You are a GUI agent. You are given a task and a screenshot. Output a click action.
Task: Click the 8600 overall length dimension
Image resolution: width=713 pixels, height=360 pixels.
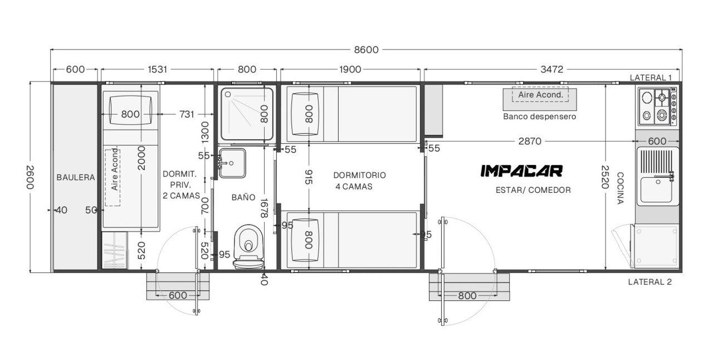coord(367,50)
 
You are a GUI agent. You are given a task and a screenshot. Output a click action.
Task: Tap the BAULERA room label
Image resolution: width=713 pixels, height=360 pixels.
coord(76,177)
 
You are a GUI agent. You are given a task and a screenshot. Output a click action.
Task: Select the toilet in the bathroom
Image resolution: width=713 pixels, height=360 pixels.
coord(248,247)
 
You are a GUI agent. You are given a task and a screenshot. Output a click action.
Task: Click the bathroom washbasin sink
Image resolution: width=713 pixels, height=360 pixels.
coord(232,163)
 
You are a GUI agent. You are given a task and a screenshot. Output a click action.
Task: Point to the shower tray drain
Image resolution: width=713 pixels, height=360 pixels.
coord(228,95)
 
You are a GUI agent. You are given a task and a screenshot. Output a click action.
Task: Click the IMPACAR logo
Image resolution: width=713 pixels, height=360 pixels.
coord(521,171)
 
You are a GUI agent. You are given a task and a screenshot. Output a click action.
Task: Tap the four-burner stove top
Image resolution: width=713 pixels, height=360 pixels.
coord(658,106)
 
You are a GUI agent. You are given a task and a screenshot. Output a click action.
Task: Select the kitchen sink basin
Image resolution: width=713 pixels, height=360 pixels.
coord(656,189)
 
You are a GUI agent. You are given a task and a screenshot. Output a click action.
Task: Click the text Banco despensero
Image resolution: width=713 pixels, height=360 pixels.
coord(540,116)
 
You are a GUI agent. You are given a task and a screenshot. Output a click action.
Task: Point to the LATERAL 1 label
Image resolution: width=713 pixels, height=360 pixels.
coord(651,77)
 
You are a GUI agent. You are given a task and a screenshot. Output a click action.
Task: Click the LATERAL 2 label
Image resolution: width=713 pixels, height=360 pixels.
coord(649,282)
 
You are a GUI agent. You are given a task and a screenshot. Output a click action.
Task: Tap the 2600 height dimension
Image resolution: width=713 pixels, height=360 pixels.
coord(30,177)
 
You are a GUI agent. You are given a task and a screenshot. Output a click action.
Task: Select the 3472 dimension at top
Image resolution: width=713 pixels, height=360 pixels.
coord(551,69)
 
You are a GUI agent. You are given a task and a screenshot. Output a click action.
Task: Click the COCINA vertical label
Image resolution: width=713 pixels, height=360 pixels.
coord(620,188)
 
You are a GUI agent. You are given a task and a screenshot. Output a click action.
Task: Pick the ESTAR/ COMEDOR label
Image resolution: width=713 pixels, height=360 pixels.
coord(533,190)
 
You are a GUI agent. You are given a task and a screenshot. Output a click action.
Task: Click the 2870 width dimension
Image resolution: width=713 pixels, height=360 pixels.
coord(530,141)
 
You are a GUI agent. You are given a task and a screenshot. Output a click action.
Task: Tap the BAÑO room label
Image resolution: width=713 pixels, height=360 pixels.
coord(243,197)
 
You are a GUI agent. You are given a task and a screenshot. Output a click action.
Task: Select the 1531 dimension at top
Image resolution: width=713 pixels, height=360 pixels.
coord(157,69)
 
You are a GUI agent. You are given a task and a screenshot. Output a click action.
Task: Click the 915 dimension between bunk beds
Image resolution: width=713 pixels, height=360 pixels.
coord(309,177)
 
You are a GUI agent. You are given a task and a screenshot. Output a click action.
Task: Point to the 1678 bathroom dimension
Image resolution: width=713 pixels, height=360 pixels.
coord(264,208)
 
